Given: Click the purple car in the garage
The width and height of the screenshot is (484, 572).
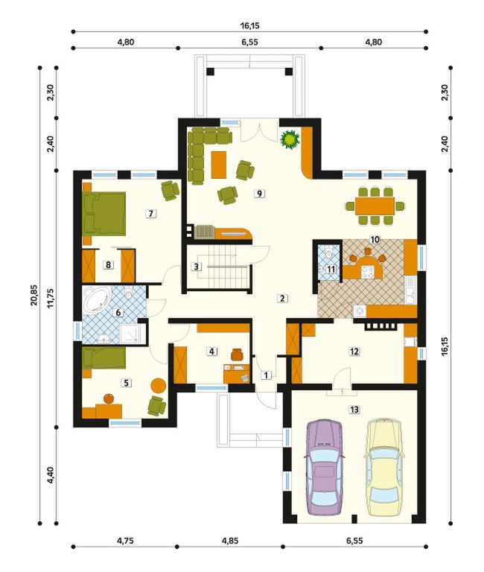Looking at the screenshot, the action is pos(324,468).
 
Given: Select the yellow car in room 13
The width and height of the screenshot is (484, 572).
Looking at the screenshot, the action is pos(384,468).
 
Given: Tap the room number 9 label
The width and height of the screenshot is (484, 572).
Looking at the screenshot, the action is pos(259,194).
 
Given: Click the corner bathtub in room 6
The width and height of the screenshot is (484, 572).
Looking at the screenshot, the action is pos(97,300).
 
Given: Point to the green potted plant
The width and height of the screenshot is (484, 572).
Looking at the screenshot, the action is pos(290,139).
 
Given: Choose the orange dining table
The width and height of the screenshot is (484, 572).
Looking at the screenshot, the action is pos(375,206).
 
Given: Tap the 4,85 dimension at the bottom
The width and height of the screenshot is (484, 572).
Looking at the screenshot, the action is pos(230,541).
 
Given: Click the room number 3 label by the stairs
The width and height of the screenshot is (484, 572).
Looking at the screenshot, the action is pos(197,267).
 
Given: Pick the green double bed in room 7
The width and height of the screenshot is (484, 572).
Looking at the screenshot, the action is pos(104,213).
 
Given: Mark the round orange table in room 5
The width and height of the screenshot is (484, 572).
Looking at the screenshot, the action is pos(159,385).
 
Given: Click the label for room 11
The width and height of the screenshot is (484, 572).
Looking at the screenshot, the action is pos(331,269).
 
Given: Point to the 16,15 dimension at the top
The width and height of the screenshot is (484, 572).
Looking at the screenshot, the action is pos(250,25).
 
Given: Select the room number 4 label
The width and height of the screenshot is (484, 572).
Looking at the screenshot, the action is pos(211,352).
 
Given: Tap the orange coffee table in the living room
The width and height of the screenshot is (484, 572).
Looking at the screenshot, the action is pos(218,165).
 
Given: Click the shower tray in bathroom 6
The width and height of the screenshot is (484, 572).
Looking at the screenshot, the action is pos(130,334).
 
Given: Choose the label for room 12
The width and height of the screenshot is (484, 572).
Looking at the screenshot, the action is pos(354,352).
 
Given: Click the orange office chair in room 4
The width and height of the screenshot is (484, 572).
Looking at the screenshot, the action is pos(238,354).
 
